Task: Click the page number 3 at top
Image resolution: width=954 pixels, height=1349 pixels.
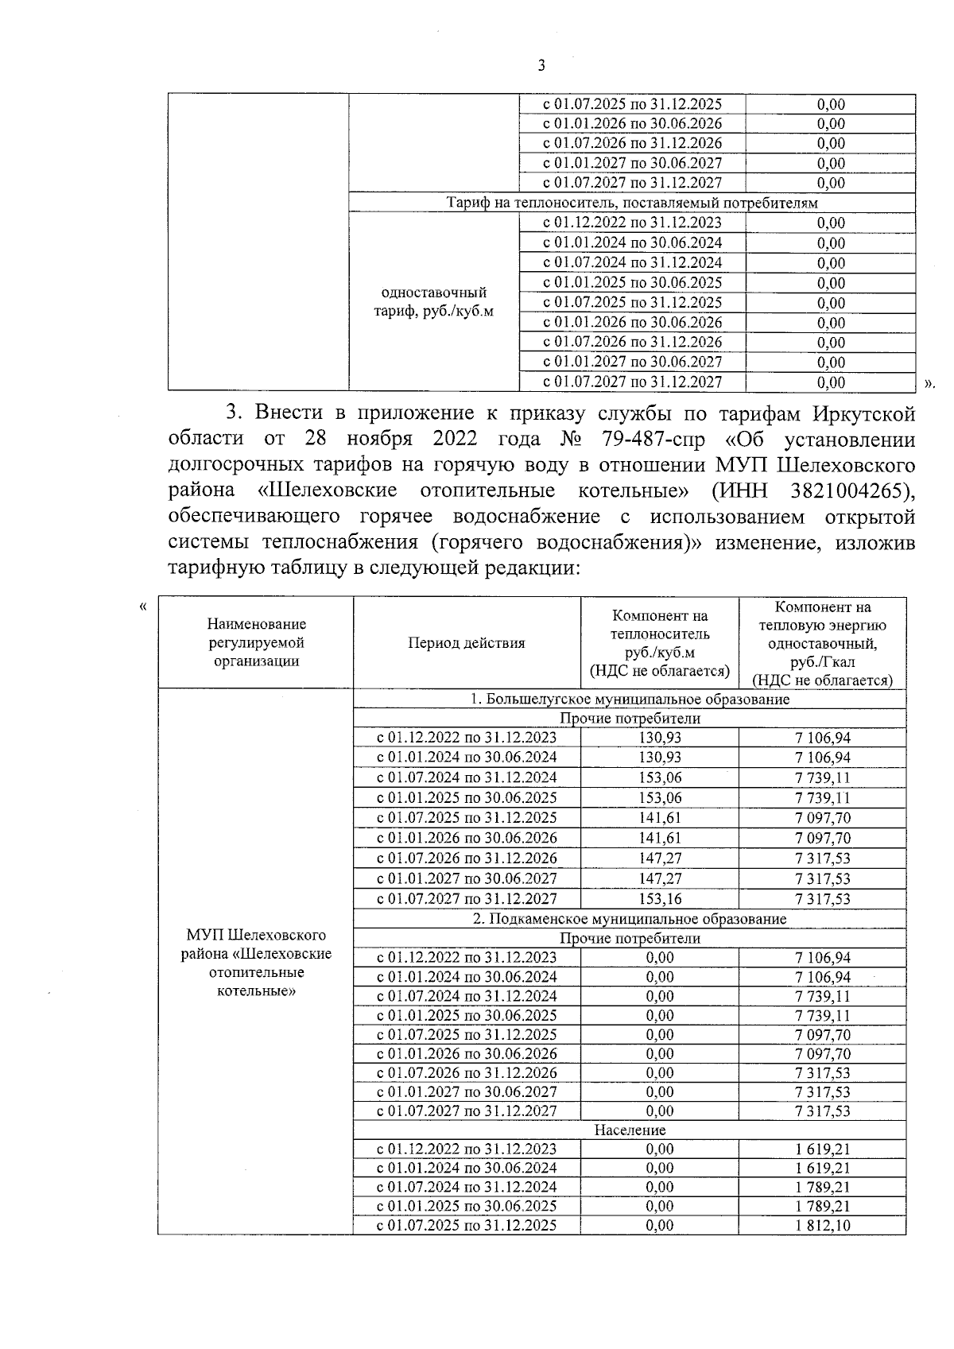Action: tap(541, 66)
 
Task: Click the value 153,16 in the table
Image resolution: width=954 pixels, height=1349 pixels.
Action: tap(660, 899)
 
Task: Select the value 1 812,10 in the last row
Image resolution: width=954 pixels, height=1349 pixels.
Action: tap(822, 1225)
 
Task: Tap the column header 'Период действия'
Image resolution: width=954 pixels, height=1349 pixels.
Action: tap(467, 643)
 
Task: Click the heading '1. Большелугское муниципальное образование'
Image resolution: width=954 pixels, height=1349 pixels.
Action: tap(630, 699)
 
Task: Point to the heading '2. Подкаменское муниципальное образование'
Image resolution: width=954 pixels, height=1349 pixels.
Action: tap(630, 919)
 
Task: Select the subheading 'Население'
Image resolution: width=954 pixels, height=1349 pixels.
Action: tap(630, 1130)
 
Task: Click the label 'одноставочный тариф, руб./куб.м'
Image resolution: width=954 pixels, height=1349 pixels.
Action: tap(434, 302)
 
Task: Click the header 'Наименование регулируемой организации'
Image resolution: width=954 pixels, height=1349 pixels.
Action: tap(256, 643)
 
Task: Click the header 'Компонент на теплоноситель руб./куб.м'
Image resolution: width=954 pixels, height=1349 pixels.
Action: tap(659, 643)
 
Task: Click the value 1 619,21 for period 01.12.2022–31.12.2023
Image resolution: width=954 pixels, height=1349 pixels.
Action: tap(822, 1149)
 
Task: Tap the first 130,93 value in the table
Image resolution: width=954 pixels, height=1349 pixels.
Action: tap(660, 738)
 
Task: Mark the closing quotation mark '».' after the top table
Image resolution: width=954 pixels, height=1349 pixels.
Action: tap(931, 383)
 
